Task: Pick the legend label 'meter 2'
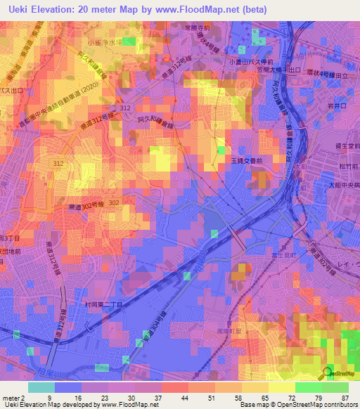coord(13,397)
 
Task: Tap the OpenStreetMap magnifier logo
coord(328,373)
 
